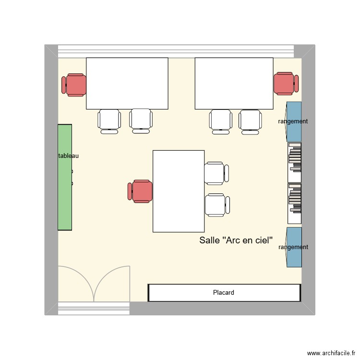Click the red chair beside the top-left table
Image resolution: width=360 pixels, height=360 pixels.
point(74,85)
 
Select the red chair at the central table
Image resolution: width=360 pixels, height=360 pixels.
point(140,191)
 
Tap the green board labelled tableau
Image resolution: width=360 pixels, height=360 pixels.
point(65,192)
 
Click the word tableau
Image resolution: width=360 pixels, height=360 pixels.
point(68,156)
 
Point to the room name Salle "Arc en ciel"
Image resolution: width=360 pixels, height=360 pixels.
point(236,240)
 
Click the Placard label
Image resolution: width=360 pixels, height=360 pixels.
point(224,292)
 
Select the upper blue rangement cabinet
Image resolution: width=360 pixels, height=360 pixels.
point(294,121)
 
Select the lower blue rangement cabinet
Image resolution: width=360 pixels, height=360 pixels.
point(294,247)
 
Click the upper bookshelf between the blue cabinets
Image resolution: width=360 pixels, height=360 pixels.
point(294,162)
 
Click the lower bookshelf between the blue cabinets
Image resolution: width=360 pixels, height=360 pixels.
point(294,203)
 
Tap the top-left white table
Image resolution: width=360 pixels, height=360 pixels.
point(127,83)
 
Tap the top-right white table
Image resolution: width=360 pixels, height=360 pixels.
point(234,83)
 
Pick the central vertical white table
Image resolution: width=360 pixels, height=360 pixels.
point(179,191)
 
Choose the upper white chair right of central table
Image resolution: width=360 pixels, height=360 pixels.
point(216,173)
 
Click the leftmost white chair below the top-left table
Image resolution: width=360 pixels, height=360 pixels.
point(109,121)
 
